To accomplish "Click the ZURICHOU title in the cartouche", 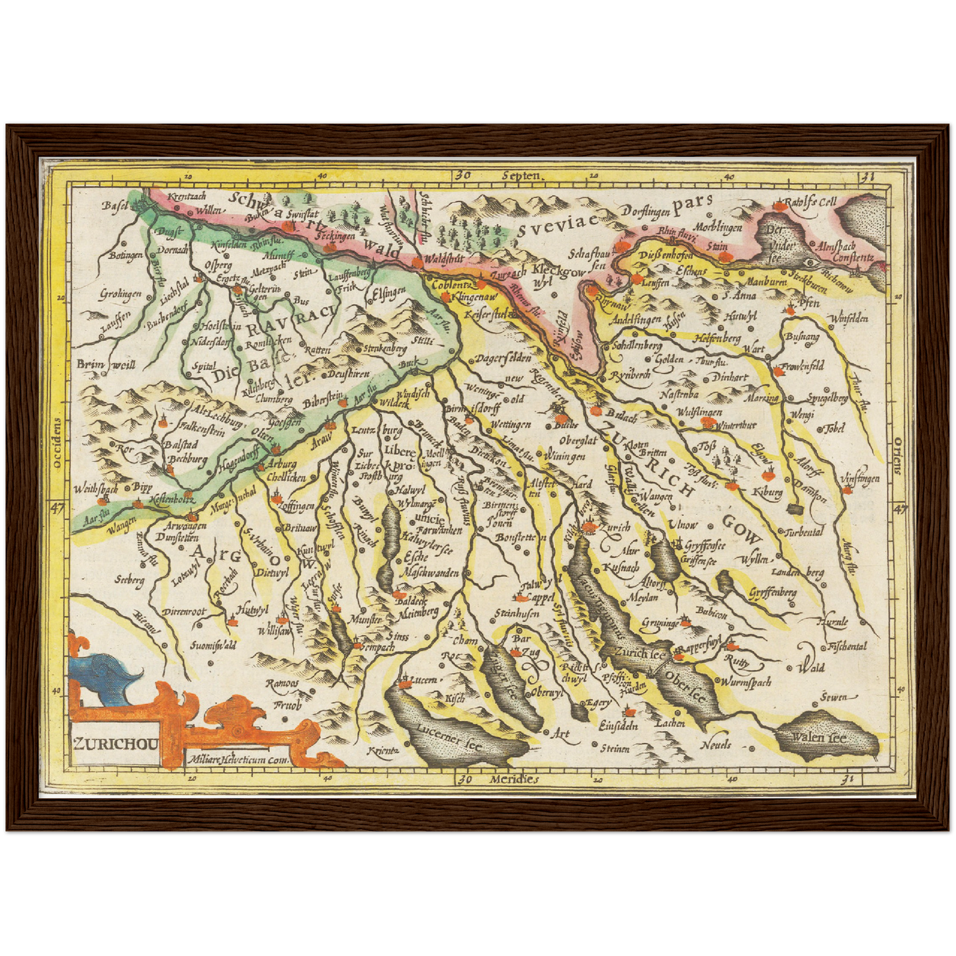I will [x=115, y=742].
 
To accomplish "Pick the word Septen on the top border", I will [x=521, y=176].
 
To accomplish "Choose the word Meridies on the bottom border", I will [x=514, y=779].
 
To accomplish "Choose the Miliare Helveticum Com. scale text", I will [x=239, y=760].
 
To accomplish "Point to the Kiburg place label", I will [x=767, y=492].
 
